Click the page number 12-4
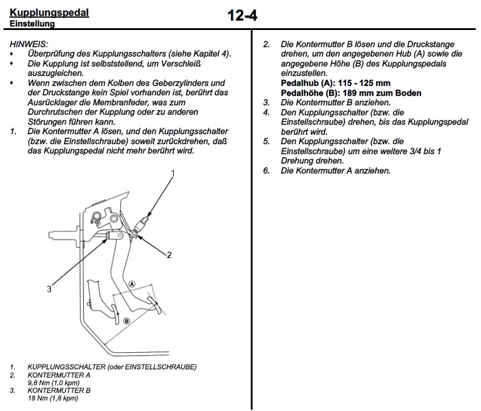242,15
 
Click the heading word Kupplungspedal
49,12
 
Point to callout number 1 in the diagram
173,173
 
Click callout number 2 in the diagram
169,255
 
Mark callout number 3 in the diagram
49,289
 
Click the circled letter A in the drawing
132,283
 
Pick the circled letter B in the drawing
126,320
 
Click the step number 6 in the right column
266,171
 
